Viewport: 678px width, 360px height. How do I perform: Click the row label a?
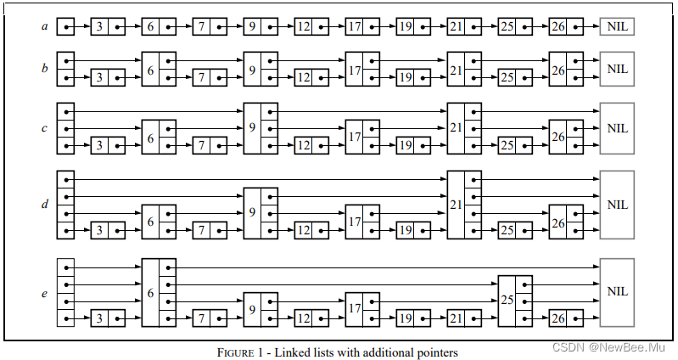point(44,27)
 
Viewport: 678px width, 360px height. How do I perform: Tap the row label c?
point(44,128)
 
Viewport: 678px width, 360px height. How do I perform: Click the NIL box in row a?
point(617,27)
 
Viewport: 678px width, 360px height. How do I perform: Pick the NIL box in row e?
point(617,291)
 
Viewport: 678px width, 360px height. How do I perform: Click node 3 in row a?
point(108,27)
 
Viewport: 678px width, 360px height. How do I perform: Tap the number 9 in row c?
point(252,128)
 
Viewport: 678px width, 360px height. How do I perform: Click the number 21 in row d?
point(456,205)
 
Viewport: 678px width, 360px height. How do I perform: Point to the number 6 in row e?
point(150,292)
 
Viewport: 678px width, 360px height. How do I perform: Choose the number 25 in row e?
point(507,301)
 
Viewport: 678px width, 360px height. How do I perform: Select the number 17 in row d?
point(354,222)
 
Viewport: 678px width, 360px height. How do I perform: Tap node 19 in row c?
point(413,145)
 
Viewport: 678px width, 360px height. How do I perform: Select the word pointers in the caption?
point(434,351)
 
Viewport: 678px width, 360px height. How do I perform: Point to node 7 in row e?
point(210,318)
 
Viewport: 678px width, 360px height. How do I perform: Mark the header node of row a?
point(65,27)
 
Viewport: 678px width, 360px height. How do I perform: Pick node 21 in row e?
point(464,318)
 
